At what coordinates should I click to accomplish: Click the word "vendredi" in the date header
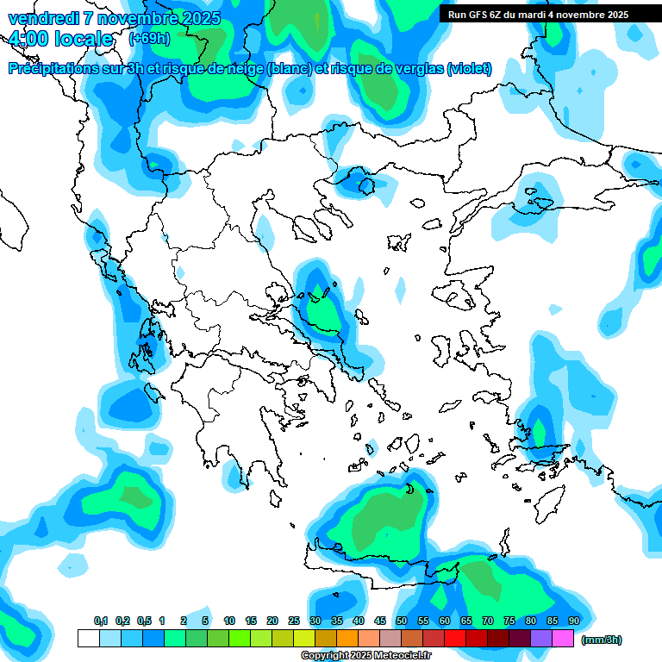pyautogui.click(x=41, y=18)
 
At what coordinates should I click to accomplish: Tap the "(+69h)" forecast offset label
pyautogui.click(x=148, y=39)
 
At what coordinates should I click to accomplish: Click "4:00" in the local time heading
pyautogui.click(x=28, y=39)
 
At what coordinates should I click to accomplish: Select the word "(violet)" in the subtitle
pyautogui.click(x=470, y=68)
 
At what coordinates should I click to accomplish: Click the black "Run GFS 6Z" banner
pyautogui.click(x=538, y=14)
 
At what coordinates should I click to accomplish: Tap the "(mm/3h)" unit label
pyautogui.click(x=602, y=640)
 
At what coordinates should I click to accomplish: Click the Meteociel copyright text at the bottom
pyautogui.click(x=365, y=656)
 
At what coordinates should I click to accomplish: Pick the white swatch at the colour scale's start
pyautogui.click(x=88, y=638)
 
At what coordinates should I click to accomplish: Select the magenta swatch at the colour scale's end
pyautogui.click(x=563, y=638)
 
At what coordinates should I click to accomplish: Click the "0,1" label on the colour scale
pyautogui.click(x=101, y=621)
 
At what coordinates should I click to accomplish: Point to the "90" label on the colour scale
pyautogui.click(x=574, y=621)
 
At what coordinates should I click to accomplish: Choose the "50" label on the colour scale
pyautogui.click(x=402, y=621)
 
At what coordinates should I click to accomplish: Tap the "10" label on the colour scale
pyautogui.click(x=229, y=621)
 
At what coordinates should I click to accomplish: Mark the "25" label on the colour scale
pyautogui.click(x=294, y=621)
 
